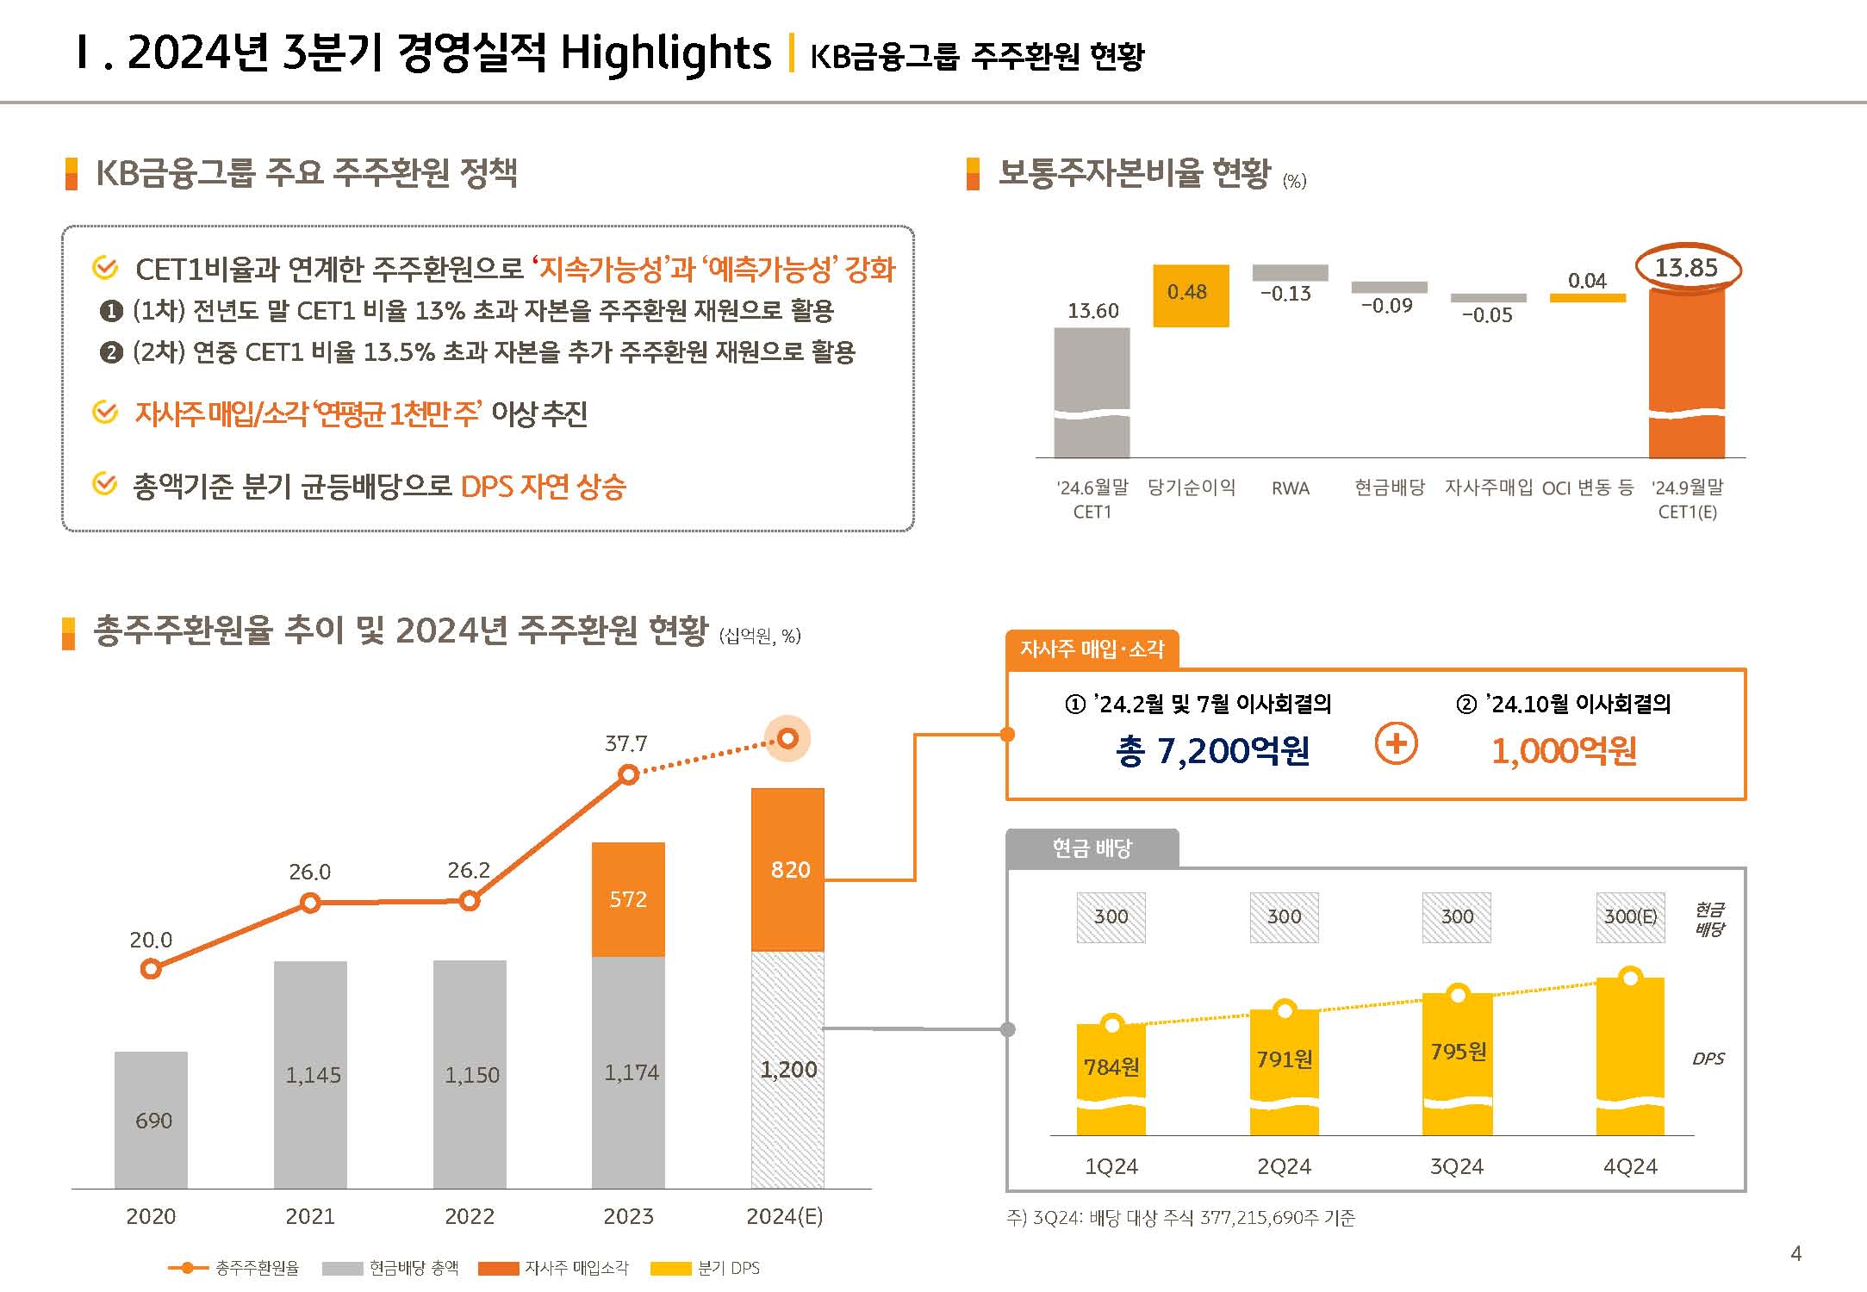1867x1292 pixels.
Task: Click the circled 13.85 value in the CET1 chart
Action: coord(1686,268)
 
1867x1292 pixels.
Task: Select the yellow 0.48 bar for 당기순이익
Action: coord(1191,295)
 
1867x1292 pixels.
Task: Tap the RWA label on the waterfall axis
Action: coord(1290,488)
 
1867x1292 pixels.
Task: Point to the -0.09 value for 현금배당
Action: coord(1386,306)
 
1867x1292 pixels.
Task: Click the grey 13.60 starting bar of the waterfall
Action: coord(1092,392)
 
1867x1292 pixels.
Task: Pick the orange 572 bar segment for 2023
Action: coord(628,899)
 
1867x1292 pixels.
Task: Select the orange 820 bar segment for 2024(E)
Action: coord(788,869)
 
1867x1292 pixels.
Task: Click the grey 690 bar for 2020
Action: coord(152,1120)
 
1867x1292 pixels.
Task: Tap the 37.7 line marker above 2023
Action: coord(629,775)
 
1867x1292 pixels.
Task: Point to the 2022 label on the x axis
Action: coord(470,1216)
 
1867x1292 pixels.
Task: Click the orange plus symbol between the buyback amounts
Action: coord(1396,743)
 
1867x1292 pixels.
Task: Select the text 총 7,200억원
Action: coord(1212,751)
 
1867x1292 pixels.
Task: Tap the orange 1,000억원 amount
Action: coord(1564,751)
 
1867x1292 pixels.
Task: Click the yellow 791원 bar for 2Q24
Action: coord(1284,1068)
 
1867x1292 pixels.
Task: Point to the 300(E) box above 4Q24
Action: coord(1630,916)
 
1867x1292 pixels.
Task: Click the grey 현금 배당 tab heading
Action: coord(1092,848)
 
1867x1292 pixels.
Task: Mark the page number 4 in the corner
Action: coord(1795,1253)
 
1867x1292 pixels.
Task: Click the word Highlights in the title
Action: coord(665,53)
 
